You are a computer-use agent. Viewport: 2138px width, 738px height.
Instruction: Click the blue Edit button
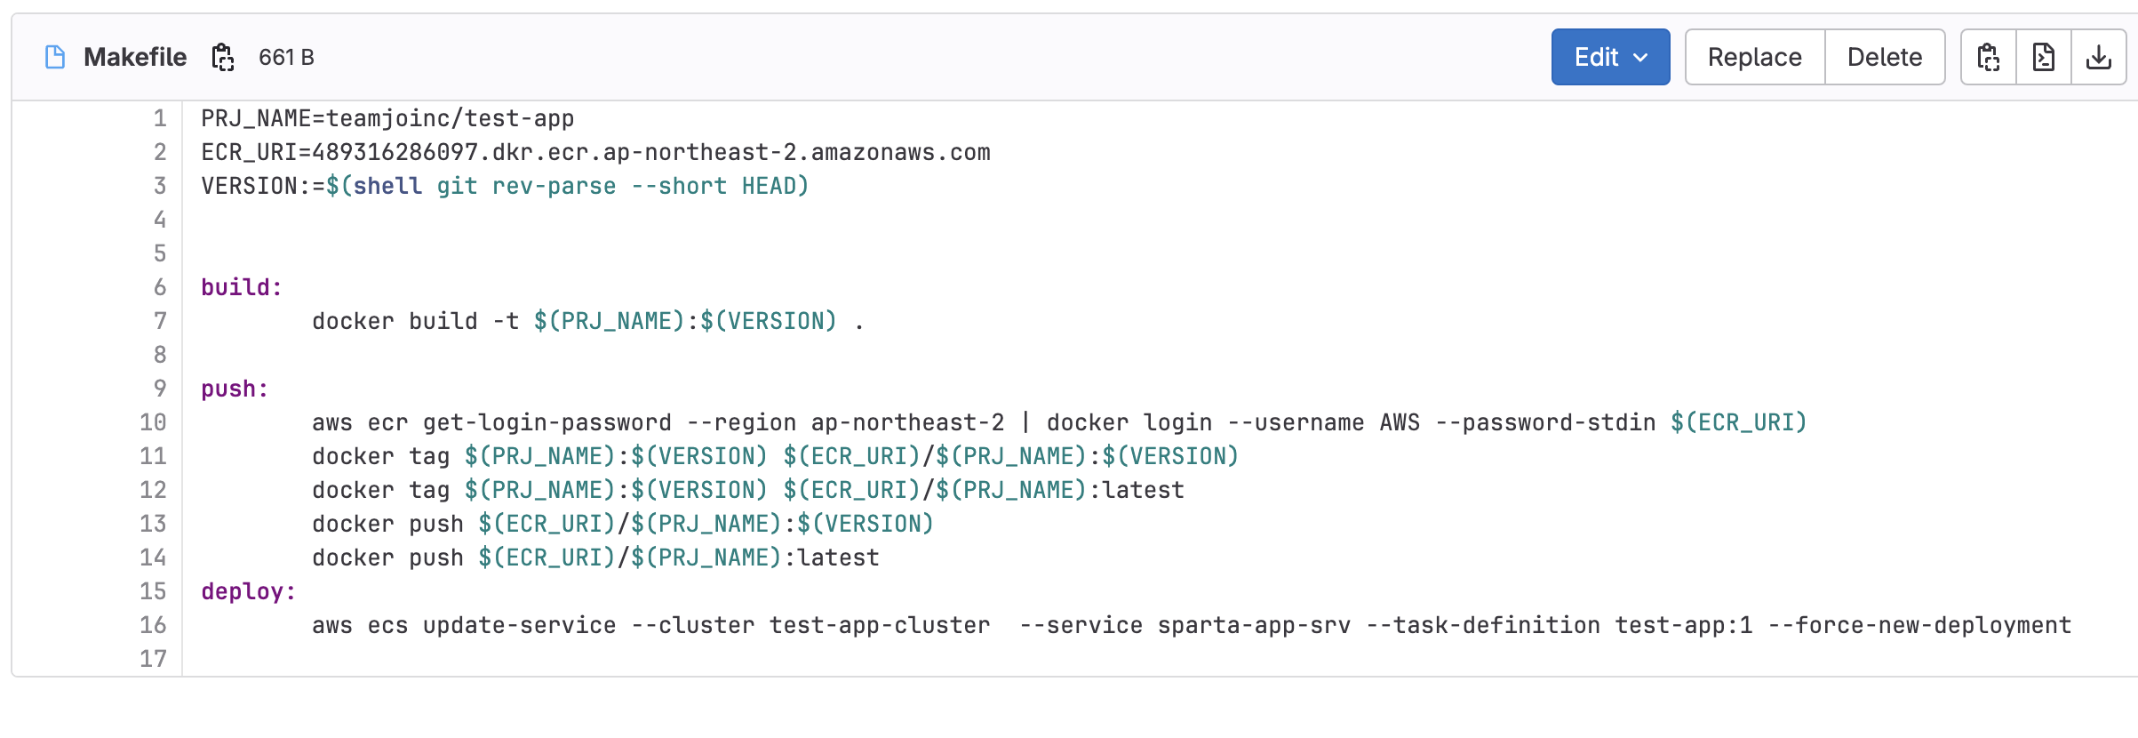[1610, 57]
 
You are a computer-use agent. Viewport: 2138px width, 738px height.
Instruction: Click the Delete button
[1885, 57]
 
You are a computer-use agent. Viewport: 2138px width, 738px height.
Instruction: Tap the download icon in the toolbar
[2099, 57]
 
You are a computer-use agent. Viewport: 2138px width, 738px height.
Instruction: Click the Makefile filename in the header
[135, 57]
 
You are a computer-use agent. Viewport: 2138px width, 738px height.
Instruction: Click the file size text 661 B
[286, 57]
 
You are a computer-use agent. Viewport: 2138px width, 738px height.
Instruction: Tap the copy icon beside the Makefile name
[222, 57]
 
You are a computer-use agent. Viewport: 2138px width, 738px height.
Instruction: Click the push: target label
[235, 389]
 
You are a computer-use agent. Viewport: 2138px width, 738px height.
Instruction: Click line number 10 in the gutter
[153, 422]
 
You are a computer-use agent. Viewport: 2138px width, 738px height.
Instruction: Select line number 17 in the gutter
[153, 659]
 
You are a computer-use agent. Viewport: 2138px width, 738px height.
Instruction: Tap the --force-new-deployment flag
[1919, 625]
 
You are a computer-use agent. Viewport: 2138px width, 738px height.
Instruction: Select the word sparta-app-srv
[1254, 625]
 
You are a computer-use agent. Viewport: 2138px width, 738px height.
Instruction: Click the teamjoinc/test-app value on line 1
[450, 118]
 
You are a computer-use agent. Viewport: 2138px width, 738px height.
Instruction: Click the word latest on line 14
[838, 558]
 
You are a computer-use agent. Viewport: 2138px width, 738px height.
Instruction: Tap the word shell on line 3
[387, 186]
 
